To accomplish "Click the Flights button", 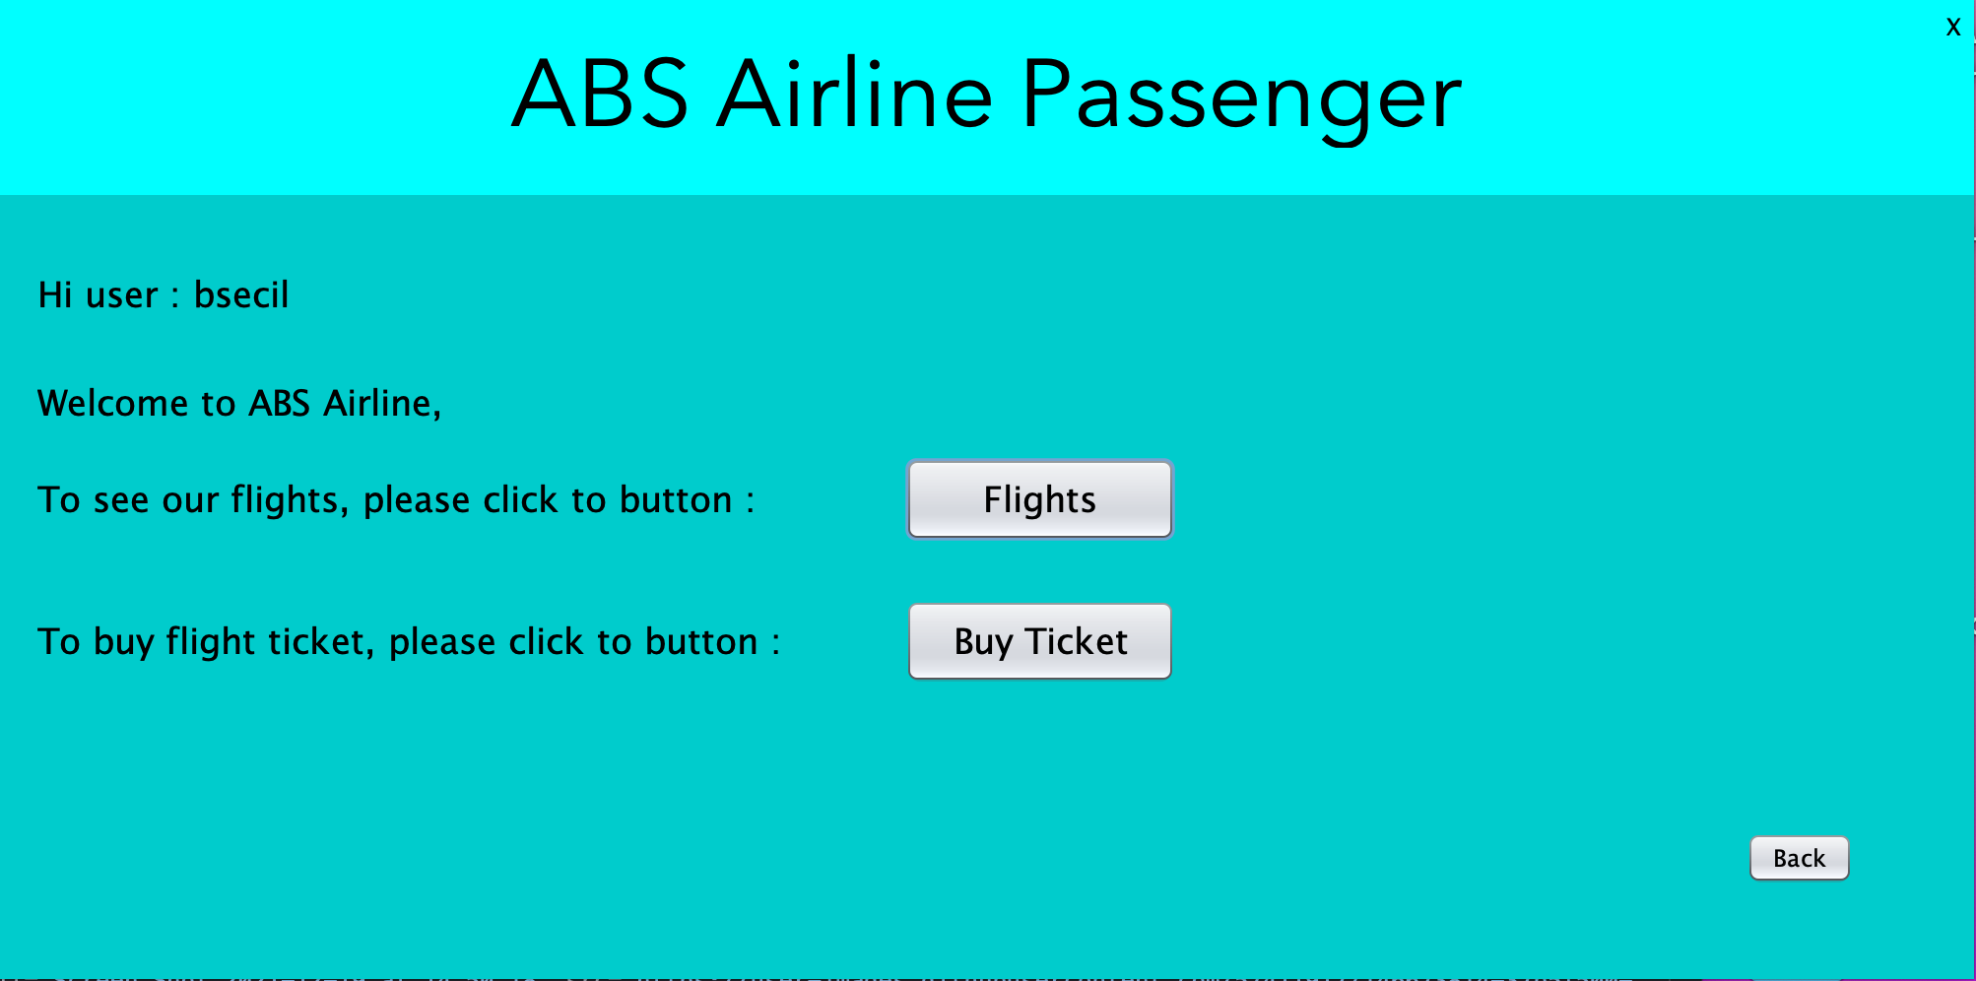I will (x=1039, y=499).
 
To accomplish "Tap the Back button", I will (x=1799, y=858).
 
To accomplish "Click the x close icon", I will (x=1953, y=27).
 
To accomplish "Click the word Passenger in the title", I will (x=1240, y=96).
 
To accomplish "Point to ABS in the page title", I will (x=600, y=96).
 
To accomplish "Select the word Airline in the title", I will (x=854, y=96).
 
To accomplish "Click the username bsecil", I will (x=241, y=294).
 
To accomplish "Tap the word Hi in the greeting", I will (x=55, y=294).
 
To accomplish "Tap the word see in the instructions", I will (x=121, y=500).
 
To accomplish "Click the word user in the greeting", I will (x=122, y=295).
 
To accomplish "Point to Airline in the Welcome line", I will (x=378, y=403).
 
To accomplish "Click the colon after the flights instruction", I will (x=750, y=501).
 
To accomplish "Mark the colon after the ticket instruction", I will (x=775, y=643).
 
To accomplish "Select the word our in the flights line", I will (x=190, y=501).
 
